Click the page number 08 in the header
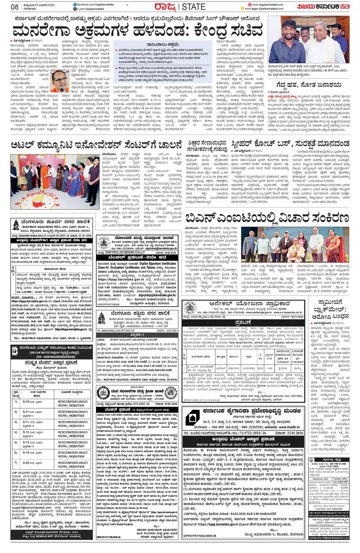[x=15, y=7]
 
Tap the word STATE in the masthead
[x=196, y=7]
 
